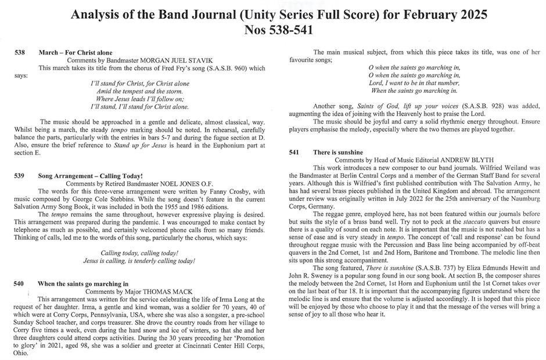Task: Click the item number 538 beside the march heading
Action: [x=20, y=53]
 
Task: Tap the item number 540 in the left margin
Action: [x=20, y=283]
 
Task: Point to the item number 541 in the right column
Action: [x=294, y=152]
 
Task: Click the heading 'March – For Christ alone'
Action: [x=76, y=53]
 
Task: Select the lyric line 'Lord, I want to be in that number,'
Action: [x=414, y=83]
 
